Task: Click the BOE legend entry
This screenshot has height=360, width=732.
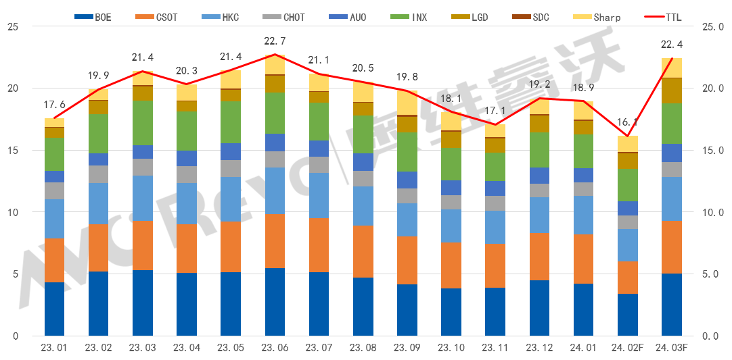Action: [93, 17]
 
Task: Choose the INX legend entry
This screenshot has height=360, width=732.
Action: [410, 17]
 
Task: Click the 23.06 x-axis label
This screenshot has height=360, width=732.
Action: [275, 349]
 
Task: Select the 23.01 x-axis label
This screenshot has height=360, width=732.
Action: [54, 349]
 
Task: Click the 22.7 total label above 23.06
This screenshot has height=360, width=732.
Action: [275, 41]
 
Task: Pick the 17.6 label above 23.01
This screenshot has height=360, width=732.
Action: [54, 105]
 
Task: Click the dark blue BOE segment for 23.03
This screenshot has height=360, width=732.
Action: [143, 303]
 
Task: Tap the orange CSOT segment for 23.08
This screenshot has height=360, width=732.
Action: [363, 251]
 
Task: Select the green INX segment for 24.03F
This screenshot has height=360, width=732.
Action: [671, 124]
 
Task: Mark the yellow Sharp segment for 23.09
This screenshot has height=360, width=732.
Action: [407, 103]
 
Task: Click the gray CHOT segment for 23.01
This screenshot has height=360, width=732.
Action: [54, 190]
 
